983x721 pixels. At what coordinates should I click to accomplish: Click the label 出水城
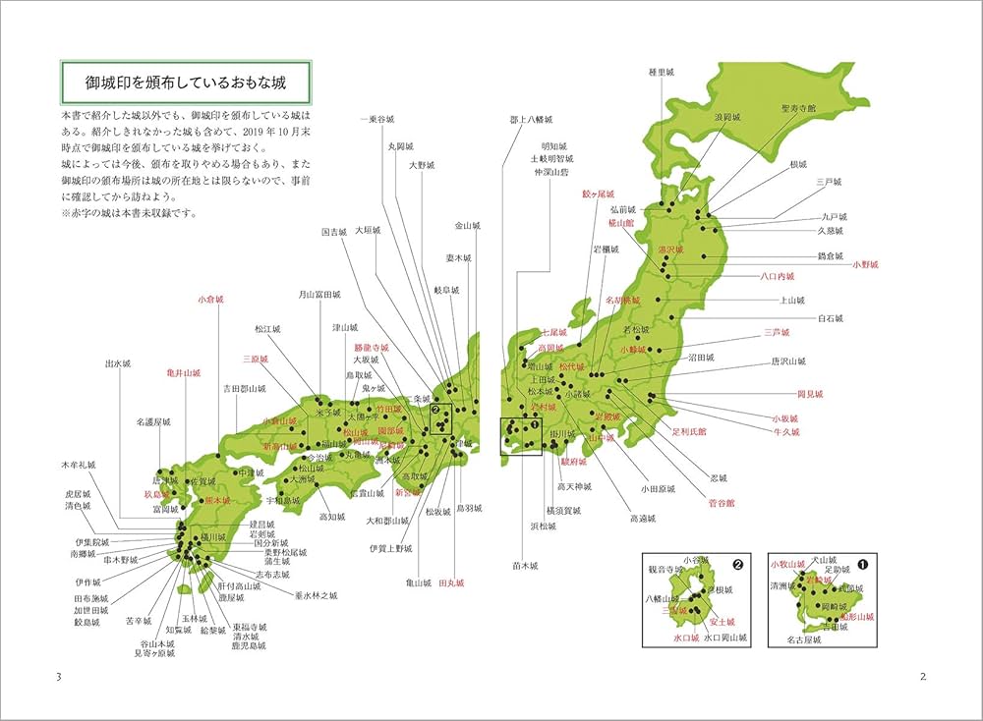pyautogui.click(x=118, y=363)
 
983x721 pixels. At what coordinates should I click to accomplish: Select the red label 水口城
pyautogui.click(x=685, y=638)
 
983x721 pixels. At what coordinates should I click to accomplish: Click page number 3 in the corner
pyautogui.click(x=59, y=677)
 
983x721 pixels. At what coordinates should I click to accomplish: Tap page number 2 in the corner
pyautogui.click(x=922, y=677)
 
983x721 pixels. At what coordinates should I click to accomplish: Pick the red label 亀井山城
pyautogui.click(x=184, y=373)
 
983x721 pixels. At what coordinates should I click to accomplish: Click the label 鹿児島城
pyautogui.click(x=250, y=646)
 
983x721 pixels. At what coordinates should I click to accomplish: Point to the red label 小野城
pyautogui.click(x=866, y=264)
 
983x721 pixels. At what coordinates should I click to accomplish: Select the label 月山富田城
pyautogui.click(x=319, y=294)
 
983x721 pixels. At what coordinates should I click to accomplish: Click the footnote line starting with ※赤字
pyautogui.click(x=128, y=212)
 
